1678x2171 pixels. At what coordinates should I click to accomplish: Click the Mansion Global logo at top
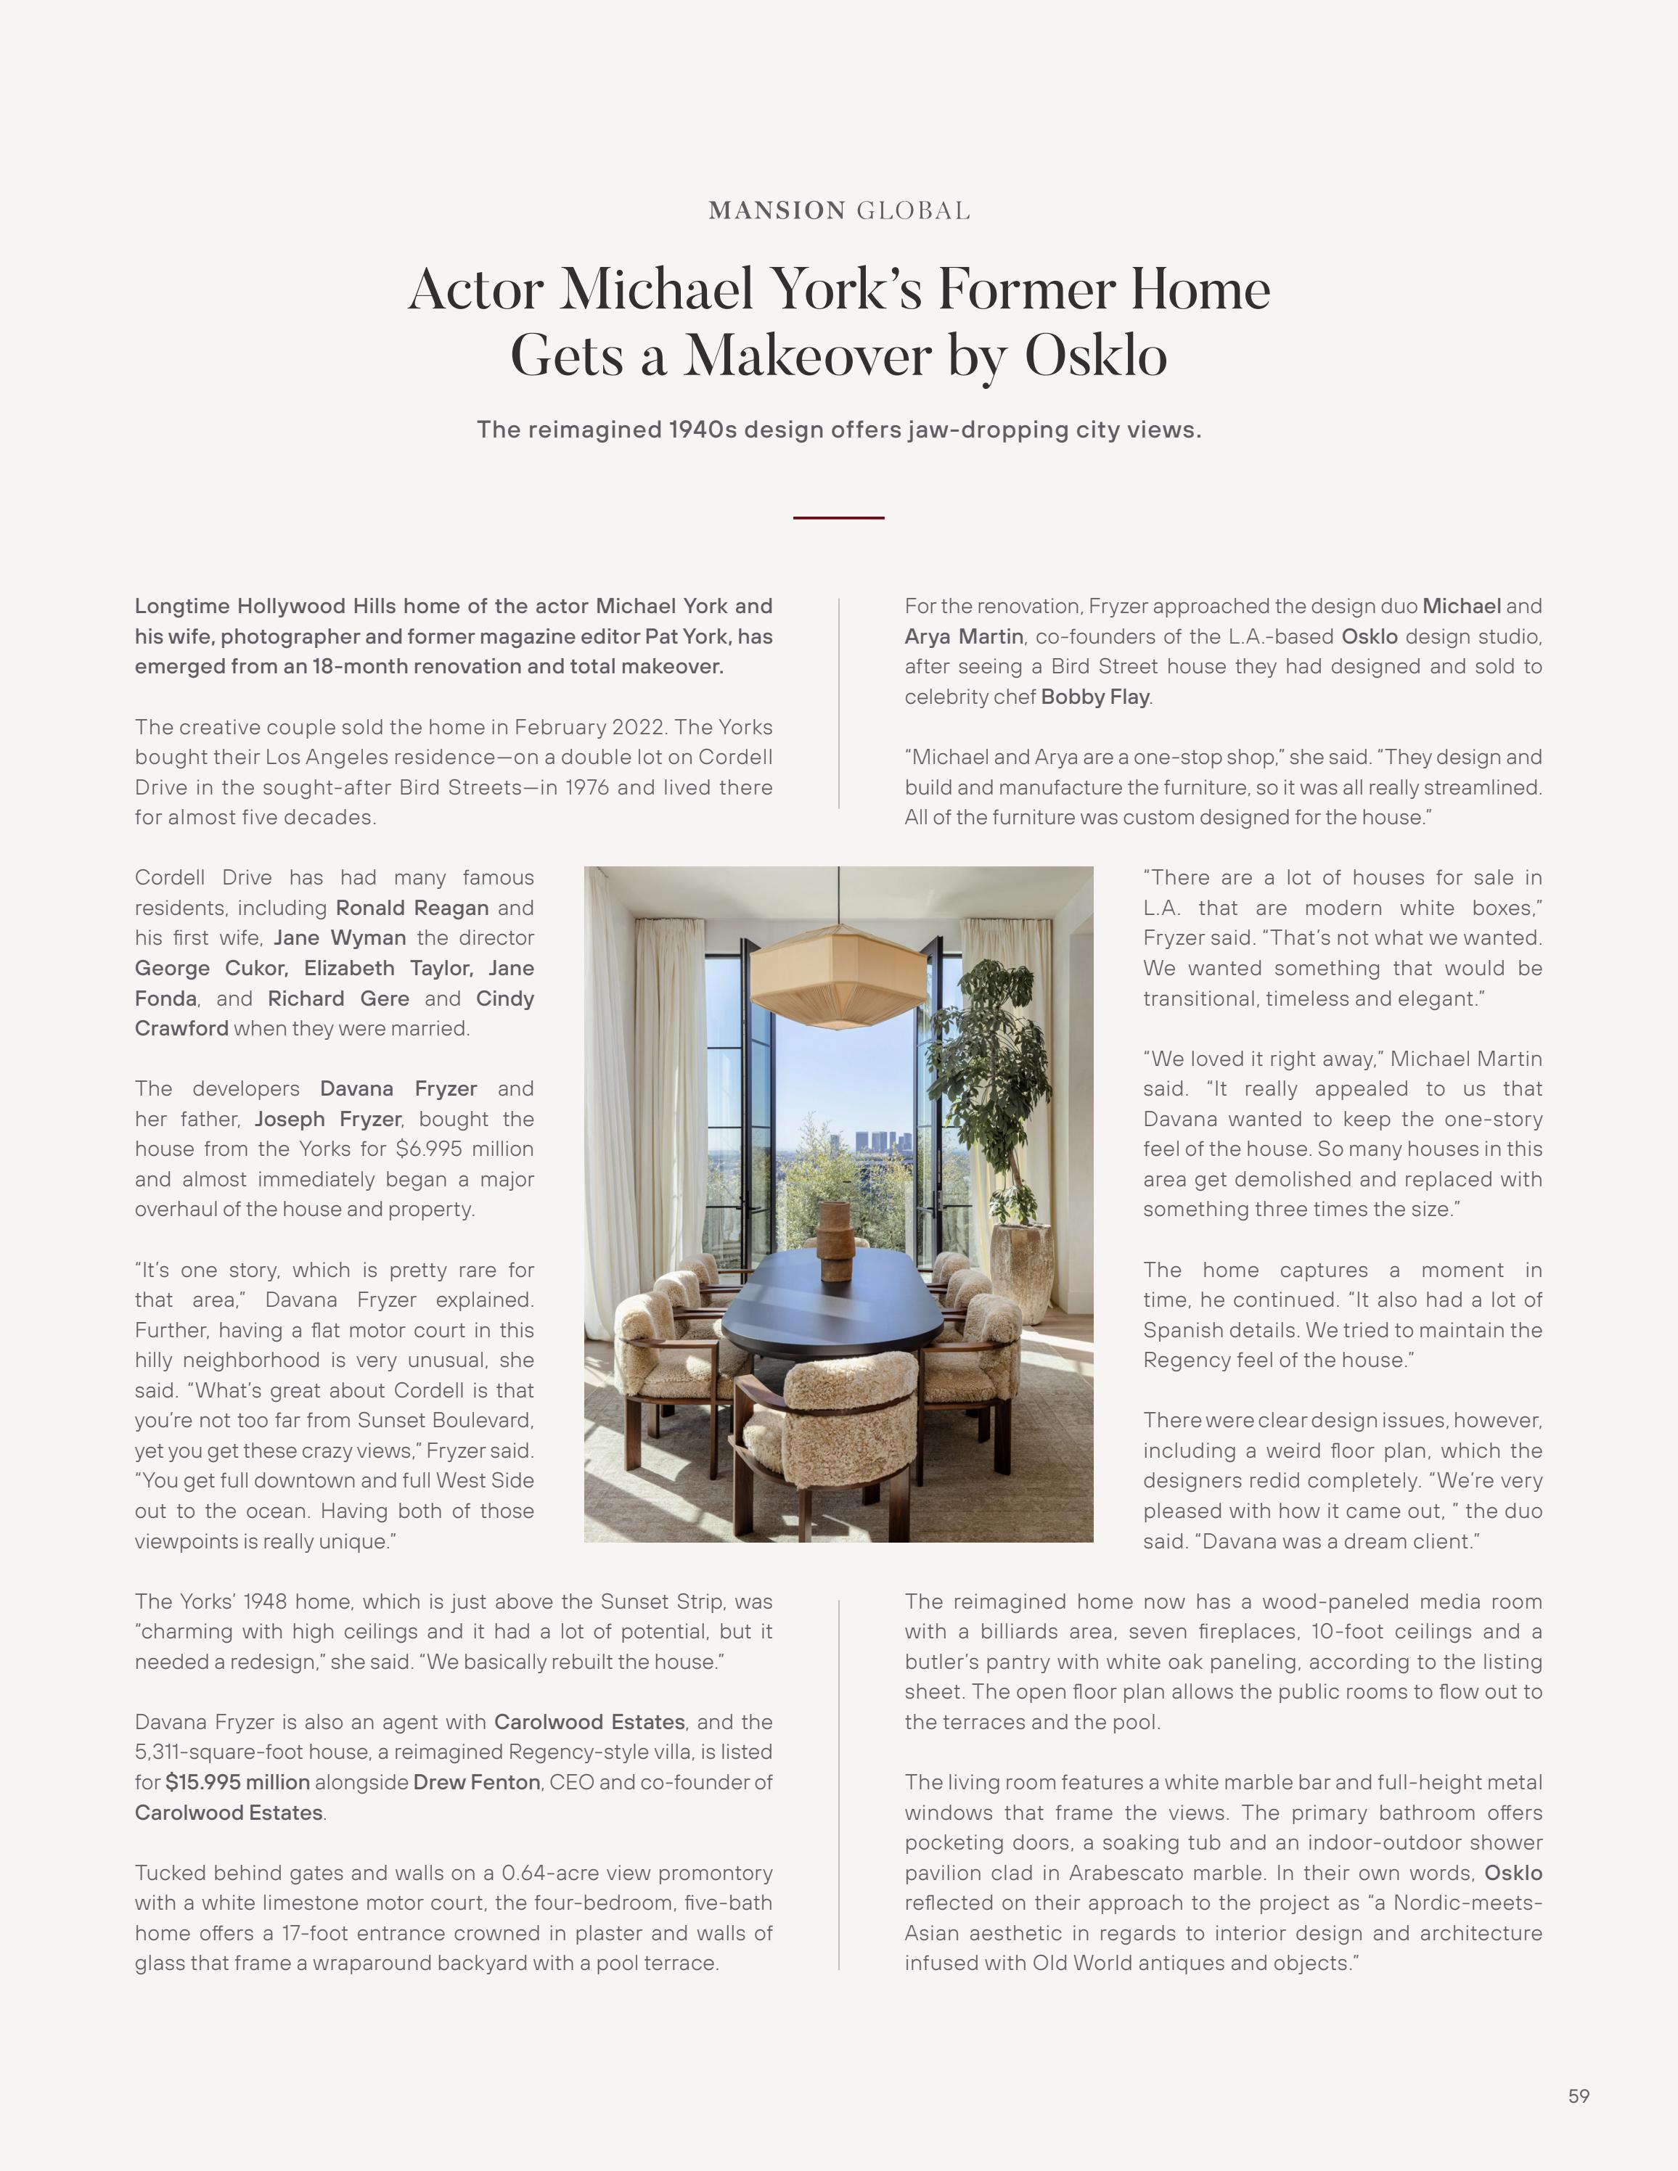[839, 210]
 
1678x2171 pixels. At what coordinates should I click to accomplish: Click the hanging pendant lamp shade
[838, 979]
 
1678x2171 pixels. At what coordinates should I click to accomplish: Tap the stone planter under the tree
[1023, 1273]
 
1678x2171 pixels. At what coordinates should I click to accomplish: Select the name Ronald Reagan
[412, 908]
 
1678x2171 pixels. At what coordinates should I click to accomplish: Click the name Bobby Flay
[1094, 697]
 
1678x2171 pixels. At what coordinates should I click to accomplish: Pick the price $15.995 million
[237, 1782]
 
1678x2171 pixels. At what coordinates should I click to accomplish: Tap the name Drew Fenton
[476, 1782]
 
